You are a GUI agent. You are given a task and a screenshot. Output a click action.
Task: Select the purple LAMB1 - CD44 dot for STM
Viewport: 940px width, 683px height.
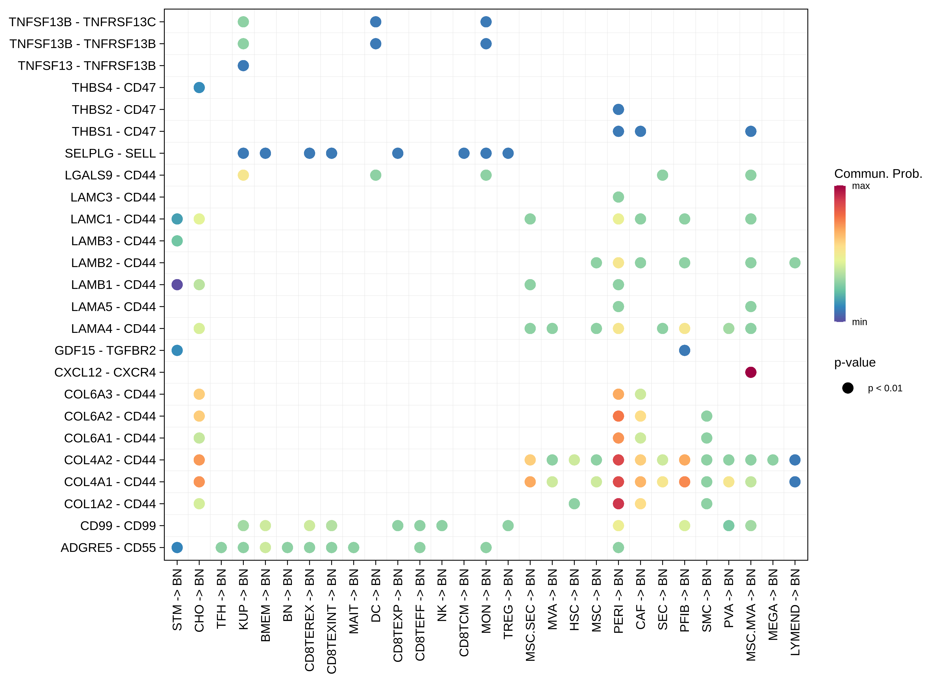pyautogui.click(x=177, y=285)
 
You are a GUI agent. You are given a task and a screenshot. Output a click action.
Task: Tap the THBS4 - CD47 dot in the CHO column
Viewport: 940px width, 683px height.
pyautogui.click(x=199, y=87)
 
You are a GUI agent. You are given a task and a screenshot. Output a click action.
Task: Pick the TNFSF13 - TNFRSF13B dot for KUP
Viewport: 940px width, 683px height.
pyautogui.click(x=243, y=65)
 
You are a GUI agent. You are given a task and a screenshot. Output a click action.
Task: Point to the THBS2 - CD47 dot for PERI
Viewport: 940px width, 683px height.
pyautogui.click(x=618, y=109)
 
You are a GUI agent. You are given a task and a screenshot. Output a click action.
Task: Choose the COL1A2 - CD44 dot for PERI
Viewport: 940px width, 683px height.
pyautogui.click(x=618, y=504)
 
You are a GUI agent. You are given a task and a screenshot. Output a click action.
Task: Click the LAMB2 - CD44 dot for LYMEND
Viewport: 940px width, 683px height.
pyautogui.click(x=795, y=262)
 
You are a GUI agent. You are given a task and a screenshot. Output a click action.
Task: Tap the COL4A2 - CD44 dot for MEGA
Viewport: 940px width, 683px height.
pyautogui.click(x=773, y=460)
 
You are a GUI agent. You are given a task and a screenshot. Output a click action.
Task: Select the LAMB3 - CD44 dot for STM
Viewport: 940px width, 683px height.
pyautogui.click(x=177, y=241)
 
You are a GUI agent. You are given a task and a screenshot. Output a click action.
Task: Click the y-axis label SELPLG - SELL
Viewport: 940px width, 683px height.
pyautogui.click(x=110, y=153)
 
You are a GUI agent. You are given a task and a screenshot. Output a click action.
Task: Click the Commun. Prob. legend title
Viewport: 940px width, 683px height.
pyautogui.click(x=878, y=173)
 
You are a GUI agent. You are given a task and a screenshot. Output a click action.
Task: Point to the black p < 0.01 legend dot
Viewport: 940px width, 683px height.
pyautogui.click(x=847, y=388)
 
